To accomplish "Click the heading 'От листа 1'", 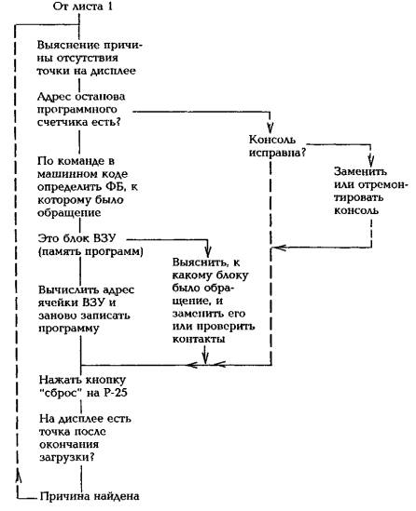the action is coord(83,7).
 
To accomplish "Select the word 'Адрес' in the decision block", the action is coord(54,97).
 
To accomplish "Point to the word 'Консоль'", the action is coord(272,140).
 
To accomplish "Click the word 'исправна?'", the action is coord(277,153).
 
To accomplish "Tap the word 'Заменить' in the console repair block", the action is coord(360,171).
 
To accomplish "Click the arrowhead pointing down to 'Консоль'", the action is coord(270,128).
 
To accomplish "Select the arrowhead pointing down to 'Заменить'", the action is coord(370,160).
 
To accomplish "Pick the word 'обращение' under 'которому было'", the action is coord(69,213).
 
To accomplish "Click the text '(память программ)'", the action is coord(90,252).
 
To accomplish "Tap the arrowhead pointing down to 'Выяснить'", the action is coord(208,251).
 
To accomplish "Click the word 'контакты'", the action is coord(199,339).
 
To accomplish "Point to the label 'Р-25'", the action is coord(116,393).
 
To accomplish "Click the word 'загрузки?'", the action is coord(67,457).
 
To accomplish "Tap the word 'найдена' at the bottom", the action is coord(117,496).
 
